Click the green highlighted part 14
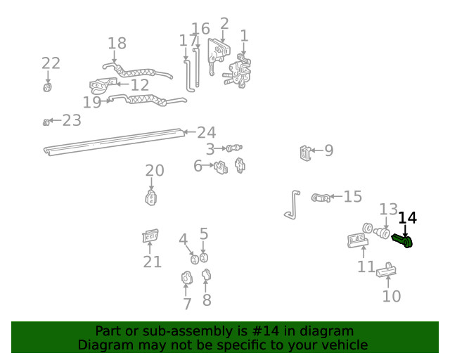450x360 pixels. coord(403,241)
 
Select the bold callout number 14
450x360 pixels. coord(408,218)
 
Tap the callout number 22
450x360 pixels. coord(51,63)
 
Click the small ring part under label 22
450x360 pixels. coord(48,87)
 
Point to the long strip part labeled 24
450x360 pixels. coord(112,141)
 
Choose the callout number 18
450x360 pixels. coord(117,44)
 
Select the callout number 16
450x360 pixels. coord(200,29)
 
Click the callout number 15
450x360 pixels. coord(352,197)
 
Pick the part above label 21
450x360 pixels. coord(150,238)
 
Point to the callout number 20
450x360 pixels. coord(155,170)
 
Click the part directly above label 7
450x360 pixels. coord(186,278)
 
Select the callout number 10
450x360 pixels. coord(392,296)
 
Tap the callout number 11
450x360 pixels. coord(366,266)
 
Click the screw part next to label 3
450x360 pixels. coord(234,148)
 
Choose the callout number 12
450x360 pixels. coord(140,85)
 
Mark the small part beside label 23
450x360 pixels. coord(46,122)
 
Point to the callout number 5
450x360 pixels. coord(204,233)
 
